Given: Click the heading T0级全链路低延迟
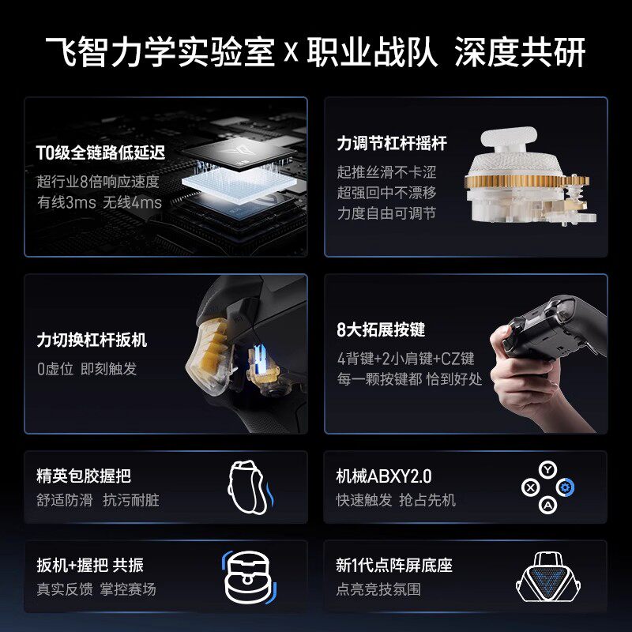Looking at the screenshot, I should (100, 152).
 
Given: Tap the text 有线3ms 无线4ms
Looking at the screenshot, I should (99, 203).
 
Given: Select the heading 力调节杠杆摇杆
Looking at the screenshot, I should (392, 144).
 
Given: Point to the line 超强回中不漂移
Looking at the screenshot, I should (386, 193).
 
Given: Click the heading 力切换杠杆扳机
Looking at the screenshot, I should (92, 340).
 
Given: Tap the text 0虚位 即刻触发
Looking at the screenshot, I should (87, 369).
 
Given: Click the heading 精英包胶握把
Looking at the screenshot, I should (84, 476).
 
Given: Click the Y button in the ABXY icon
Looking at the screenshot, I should (546, 469).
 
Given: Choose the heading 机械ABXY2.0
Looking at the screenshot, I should (384, 476).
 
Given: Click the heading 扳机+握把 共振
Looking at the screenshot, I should (90, 566).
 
